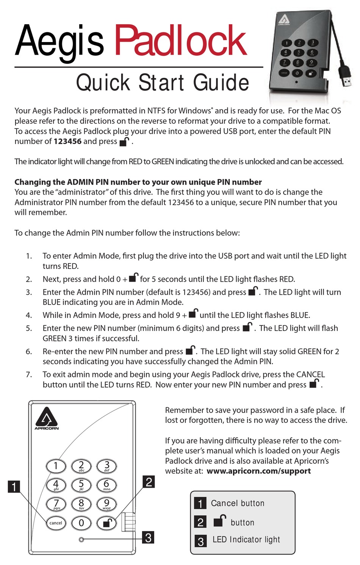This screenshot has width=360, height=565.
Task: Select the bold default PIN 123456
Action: point(67,141)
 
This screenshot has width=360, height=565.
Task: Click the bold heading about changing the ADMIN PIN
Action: point(138,182)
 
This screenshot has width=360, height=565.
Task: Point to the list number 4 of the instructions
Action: point(29,315)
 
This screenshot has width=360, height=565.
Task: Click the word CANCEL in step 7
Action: point(310,375)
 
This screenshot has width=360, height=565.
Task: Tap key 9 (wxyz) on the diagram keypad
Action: point(106,504)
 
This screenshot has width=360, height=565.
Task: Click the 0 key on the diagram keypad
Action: point(81,523)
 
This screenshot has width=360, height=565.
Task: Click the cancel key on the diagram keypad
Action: point(56,523)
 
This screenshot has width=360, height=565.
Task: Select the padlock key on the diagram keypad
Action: point(106,523)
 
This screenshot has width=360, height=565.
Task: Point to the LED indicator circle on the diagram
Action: point(81,539)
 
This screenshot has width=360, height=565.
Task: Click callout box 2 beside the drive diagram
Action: point(149,482)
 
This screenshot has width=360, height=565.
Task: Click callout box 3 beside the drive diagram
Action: point(148,537)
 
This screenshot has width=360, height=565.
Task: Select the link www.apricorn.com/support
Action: point(258,471)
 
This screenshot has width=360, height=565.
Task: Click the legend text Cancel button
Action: point(238,503)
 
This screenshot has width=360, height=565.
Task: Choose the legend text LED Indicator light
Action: point(246,540)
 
